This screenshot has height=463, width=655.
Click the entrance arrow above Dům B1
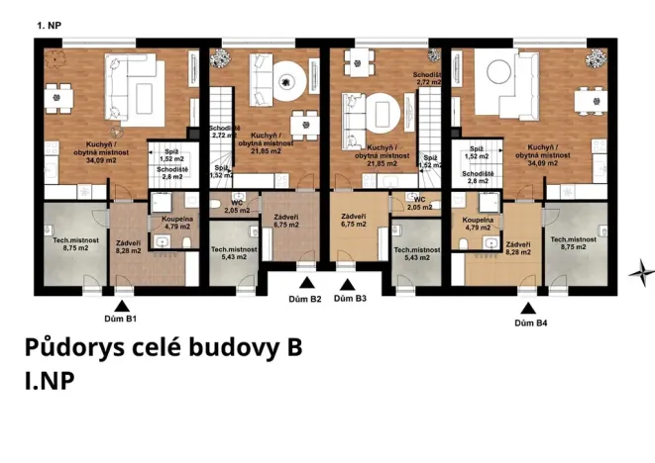click(x=121, y=306)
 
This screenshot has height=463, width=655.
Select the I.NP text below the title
click(x=48, y=380)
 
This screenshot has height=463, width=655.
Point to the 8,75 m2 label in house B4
click(x=574, y=246)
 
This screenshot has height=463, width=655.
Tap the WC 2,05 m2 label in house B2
click(x=237, y=207)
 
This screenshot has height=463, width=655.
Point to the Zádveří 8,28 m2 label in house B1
click(x=128, y=247)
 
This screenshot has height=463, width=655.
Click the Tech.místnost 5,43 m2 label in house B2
click(x=234, y=253)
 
